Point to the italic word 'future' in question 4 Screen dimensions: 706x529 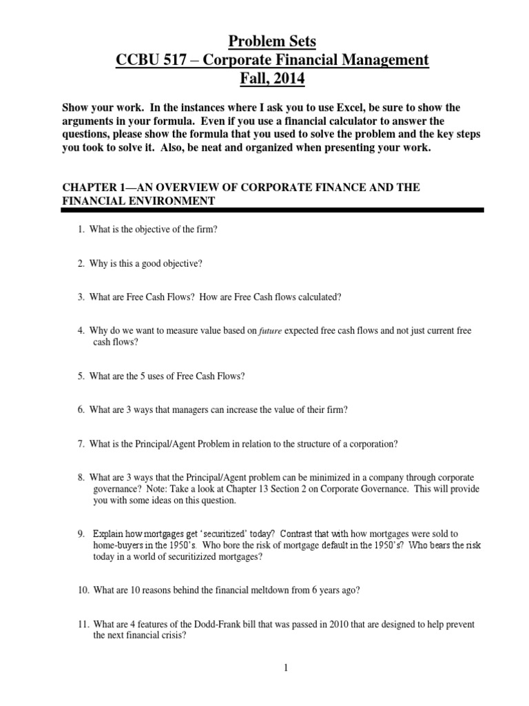pos(271,332)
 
